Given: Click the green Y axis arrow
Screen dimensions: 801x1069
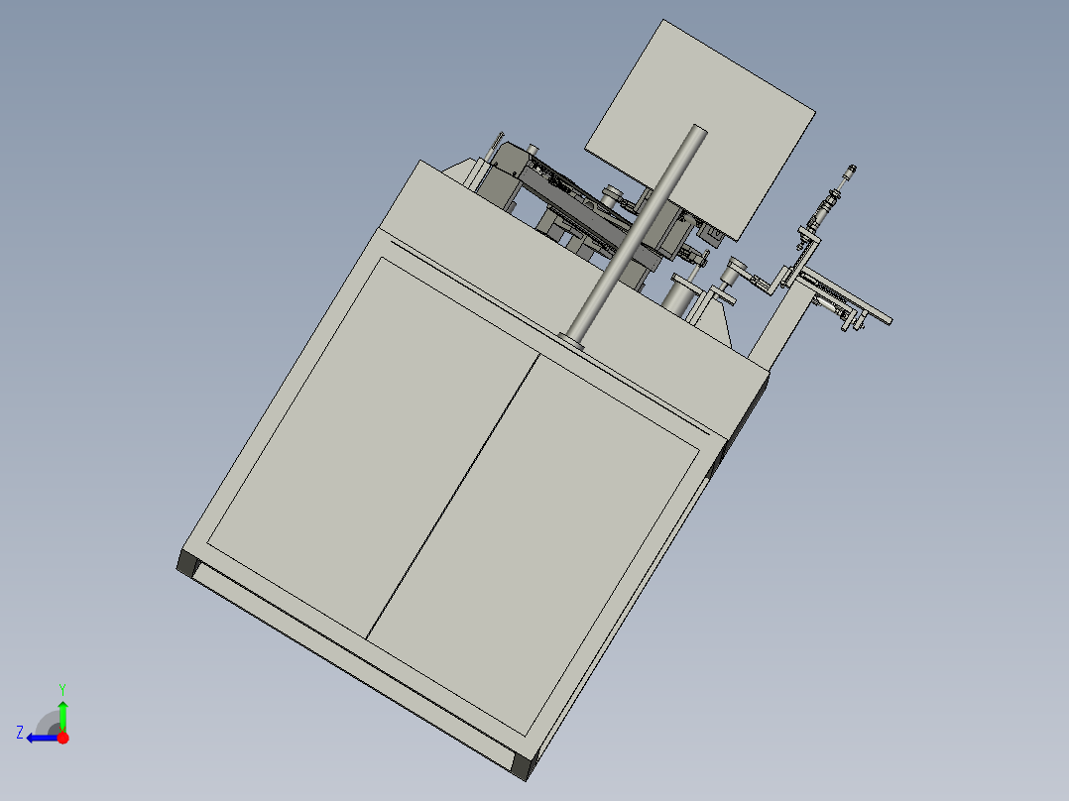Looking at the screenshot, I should pos(62,712).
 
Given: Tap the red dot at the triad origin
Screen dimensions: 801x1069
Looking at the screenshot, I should pos(62,738).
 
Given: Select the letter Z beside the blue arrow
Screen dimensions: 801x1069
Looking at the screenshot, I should pos(20,733).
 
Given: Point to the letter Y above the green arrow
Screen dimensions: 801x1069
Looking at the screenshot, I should pos(61,688).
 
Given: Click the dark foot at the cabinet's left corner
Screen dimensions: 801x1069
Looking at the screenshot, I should pos(186,565).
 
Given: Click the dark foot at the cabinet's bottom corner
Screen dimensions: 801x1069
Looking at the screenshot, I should pos(523,766).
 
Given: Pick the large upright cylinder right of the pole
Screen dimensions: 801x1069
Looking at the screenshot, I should pos(679,297).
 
